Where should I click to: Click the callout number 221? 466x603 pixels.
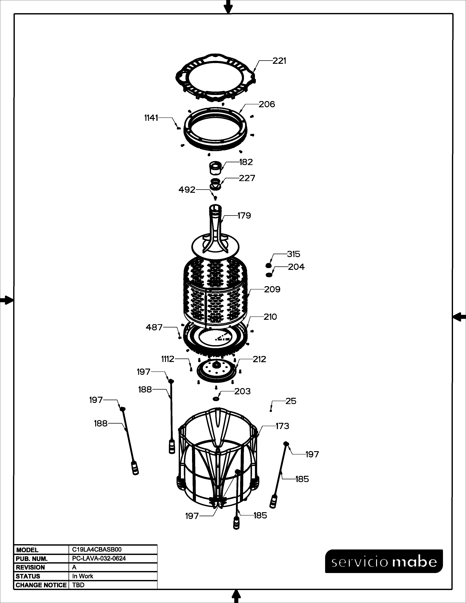click(279, 61)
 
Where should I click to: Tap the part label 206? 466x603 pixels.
click(267, 104)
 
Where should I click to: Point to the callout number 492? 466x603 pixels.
click(187, 190)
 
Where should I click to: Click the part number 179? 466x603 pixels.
click(244, 215)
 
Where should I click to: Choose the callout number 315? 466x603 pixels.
click(293, 254)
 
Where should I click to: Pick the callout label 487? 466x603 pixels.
click(154, 327)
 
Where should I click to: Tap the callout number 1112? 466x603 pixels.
click(168, 359)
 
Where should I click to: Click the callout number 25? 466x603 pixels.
click(291, 401)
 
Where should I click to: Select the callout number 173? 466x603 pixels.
click(282, 426)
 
